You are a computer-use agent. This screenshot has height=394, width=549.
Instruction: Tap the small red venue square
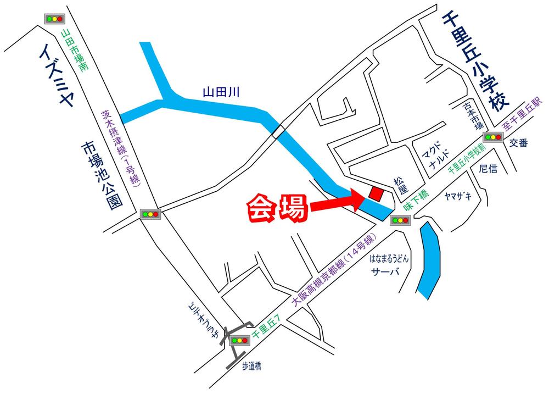pyautogui.click(x=377, y=193)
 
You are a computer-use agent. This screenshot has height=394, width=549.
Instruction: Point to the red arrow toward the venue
pyautogui.click(x=335, y=207)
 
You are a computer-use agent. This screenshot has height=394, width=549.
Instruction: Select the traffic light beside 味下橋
pyautogui.click(x=400, y=221)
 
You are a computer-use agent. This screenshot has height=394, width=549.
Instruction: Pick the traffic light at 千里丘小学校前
pyautogui.click(x=492, y=137)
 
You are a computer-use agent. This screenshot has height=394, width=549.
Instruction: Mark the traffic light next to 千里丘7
pyautogui.click(x=240, y=340)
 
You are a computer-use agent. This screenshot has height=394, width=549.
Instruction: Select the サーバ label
pyautogui.click(x=384, y=273)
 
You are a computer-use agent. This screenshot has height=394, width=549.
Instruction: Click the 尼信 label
pyautogui.click(x=487, y=168)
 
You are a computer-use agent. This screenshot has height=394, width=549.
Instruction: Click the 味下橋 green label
pyautogui.click(x=416, y=201)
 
